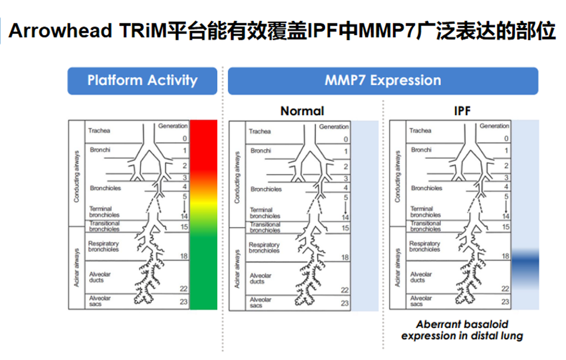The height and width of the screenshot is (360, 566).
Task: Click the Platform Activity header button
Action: click(x=142, y=81)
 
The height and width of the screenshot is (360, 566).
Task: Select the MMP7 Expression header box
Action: click(x=383, y=81)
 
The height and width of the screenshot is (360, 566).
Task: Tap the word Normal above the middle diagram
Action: click(x=302, y=111)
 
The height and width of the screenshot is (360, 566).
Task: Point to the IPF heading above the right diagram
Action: click(x=462, y=111)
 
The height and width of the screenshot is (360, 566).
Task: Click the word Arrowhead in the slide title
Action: click(x=60, y=30)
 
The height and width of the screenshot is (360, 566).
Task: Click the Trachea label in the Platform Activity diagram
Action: click(x=99, y=131)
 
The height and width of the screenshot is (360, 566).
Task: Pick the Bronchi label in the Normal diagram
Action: click(x=261, y=151)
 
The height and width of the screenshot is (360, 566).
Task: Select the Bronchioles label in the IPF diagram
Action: click(x=427, y=188)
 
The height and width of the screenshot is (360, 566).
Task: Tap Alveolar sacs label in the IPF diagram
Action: click(x=421, y=301)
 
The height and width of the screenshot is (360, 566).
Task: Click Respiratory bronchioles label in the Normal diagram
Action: click(x=264, y=247)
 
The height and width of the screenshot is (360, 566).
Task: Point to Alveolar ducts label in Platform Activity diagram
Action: click(x=99, y=277)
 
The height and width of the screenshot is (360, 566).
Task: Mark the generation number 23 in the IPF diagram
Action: click(x=505, y=302)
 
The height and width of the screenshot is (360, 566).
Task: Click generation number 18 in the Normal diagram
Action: click(x=345, y=257)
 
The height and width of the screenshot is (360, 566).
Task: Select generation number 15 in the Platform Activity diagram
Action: click(x=184, y=227)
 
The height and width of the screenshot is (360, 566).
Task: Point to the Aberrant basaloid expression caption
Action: click(x=462, y=330)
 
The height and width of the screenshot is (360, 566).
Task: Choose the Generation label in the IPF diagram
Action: click(x=494, y=126)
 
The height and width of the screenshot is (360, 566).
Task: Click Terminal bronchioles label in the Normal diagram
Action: click(x=265, y=213)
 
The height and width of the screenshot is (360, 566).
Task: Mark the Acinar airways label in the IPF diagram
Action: click(x=398, y=268)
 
